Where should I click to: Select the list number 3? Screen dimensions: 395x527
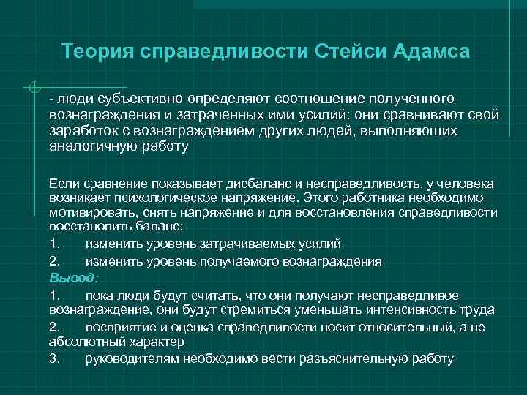pyautogui.click(x=53, y=358)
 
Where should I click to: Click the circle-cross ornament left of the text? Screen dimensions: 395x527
pyautogui.click(x=31, y=89)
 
